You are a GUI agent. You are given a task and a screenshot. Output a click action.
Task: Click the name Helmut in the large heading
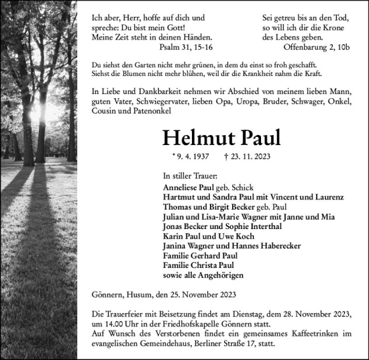tap(197, 138)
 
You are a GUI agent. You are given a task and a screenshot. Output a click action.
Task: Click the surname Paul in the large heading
tap(257, 138)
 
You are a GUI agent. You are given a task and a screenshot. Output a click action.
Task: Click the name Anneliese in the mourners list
tap(182, 187)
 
